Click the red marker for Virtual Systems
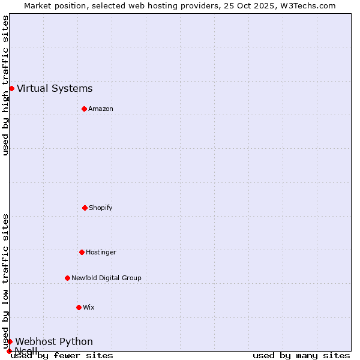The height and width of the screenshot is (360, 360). click(x=11, y=88)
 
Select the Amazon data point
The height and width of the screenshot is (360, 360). click(x=84, y=109)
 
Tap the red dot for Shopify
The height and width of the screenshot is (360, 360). click(x=85, y=208)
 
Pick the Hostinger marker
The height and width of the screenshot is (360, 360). click(x=82, y=252)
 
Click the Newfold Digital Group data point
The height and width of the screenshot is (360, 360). click(x=67, y=278)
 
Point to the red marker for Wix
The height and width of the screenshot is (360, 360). click(x=79, y=307)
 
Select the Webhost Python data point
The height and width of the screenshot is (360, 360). click(x=10, y=341)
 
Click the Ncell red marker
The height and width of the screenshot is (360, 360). click(x=9, y=351)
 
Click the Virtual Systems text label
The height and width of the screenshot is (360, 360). click(x=55, y=89)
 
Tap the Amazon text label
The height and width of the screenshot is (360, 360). click(x=101, y=109)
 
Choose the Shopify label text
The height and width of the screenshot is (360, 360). click(x=101, y=208)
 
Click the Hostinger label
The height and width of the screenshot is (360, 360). click(x=101, y=252)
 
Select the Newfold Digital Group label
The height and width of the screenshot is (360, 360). click(x=106, y=278)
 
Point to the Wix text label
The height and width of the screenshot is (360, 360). click(x=89, y=307)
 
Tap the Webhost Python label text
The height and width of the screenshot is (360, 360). click(x=54, y=342)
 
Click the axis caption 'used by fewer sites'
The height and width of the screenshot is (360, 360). click(x=62, y=356)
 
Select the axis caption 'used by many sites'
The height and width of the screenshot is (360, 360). click(x=301, y=356)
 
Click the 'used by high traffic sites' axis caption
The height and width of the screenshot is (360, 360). click(x=5, y=85)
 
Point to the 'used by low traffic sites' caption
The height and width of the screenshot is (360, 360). click(x=5, y=281)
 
